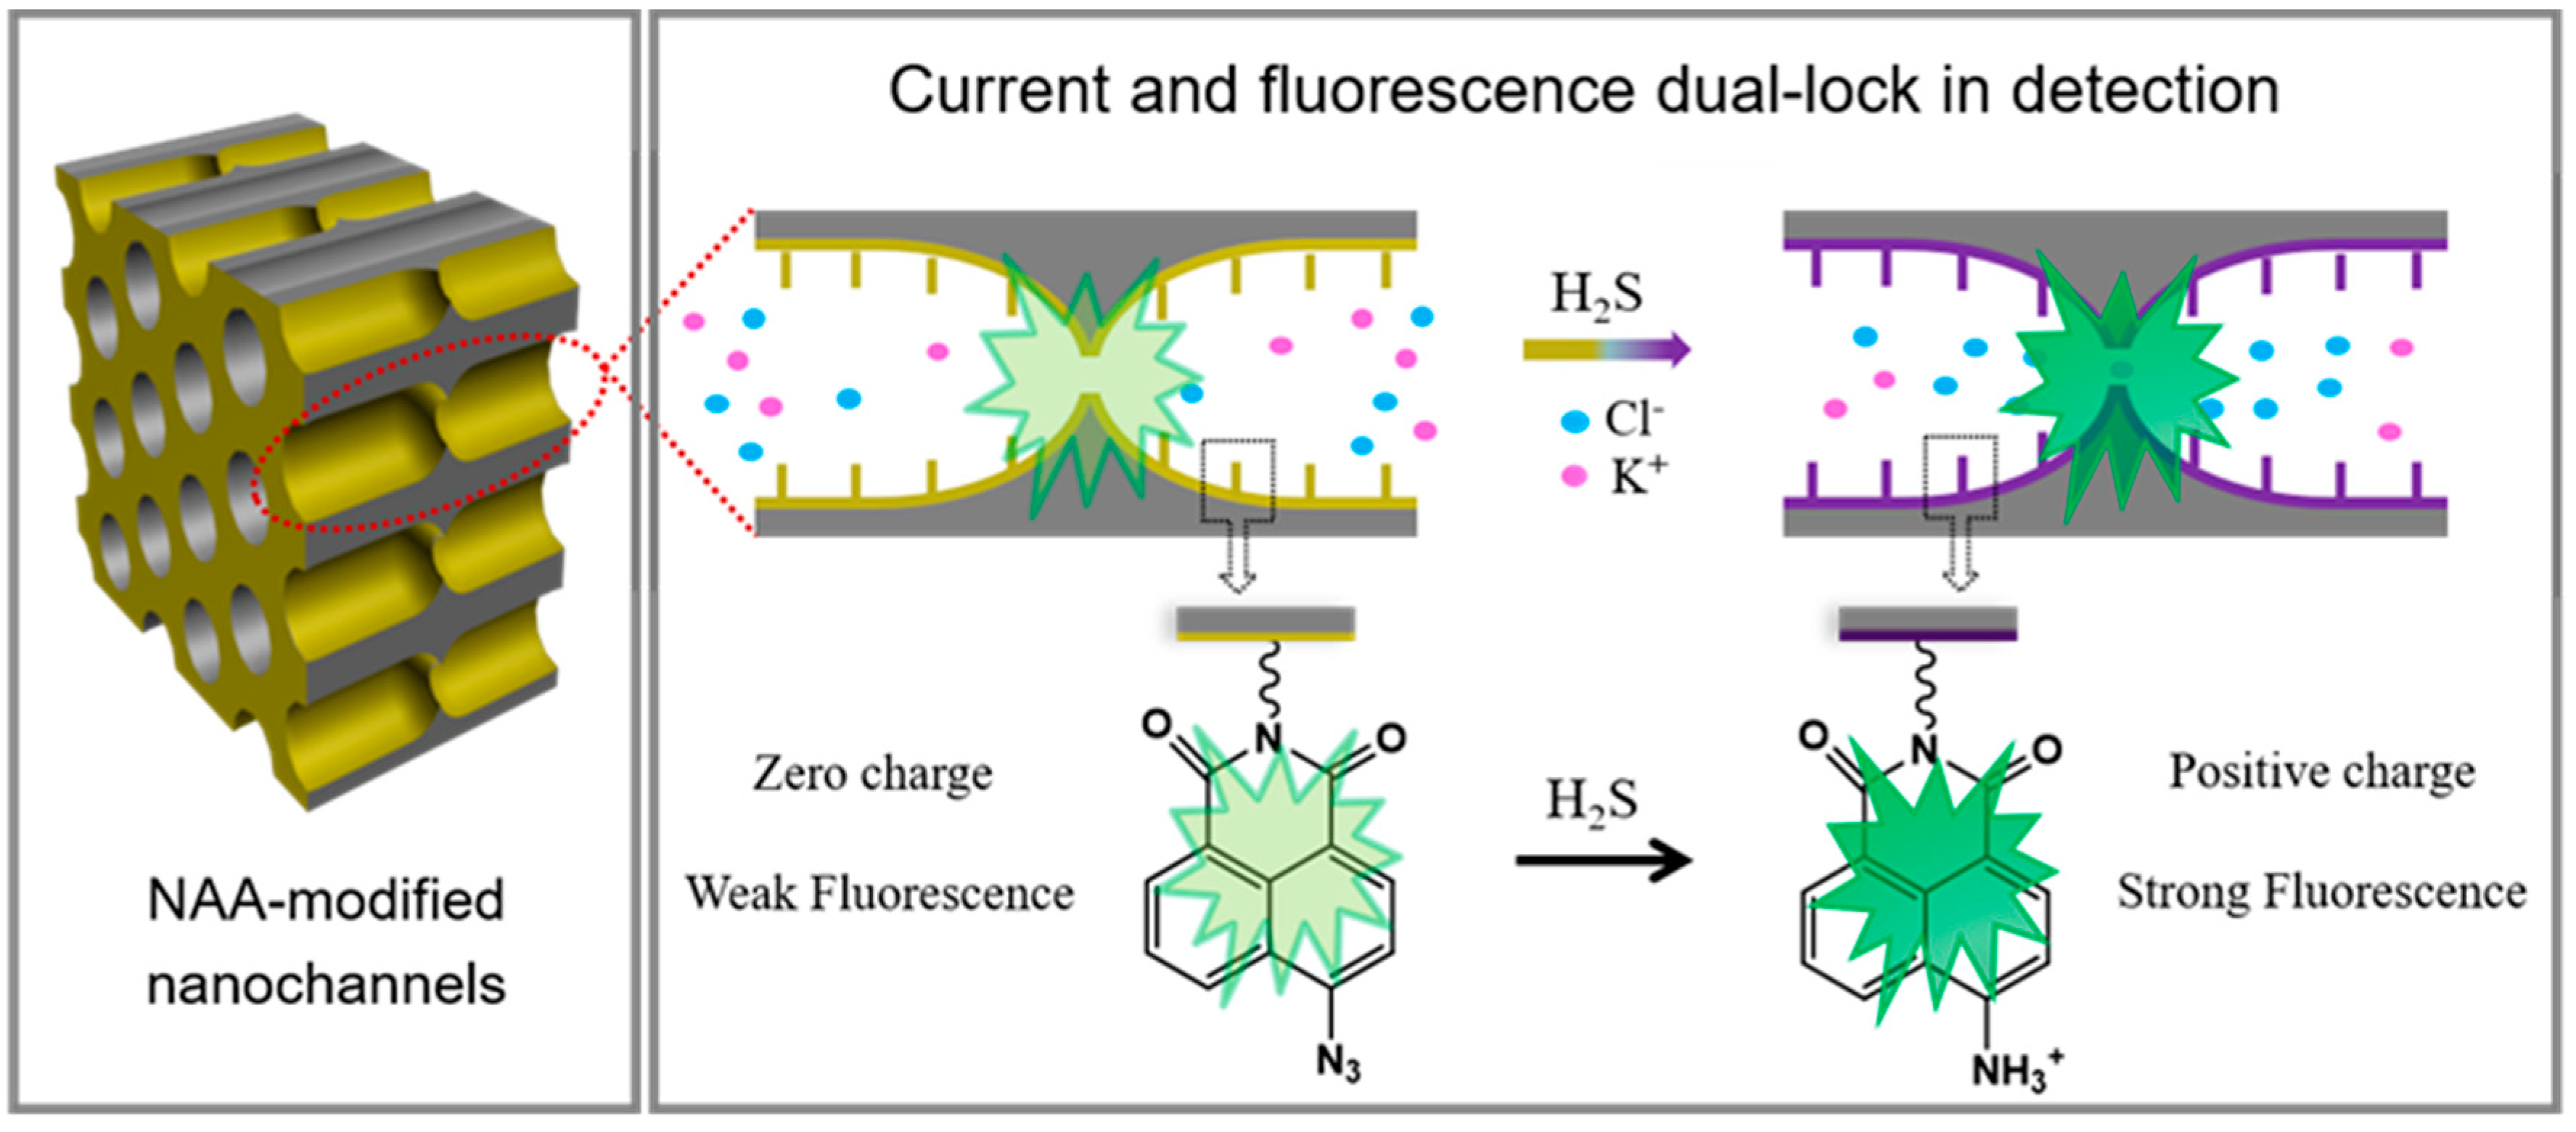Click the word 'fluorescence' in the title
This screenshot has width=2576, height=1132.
[x=1447, y=92]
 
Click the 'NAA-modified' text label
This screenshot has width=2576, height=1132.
[x=325, y=900]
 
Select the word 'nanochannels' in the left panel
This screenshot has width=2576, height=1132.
[x=325, y=985]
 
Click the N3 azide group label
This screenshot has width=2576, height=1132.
[x=1337, y=1063]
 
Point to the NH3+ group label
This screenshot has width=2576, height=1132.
[x=2014, y=1070]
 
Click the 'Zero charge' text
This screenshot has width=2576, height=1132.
[x=872, y=773]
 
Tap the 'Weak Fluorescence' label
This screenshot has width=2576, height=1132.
[x=879, y=893]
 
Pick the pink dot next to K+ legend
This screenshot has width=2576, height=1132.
[x=1574, y=476]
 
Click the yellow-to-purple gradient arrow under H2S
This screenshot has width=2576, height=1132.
[x=1606, y=349]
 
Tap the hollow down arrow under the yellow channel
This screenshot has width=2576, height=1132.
[x=1238, y=568]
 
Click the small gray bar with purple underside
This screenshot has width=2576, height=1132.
[x=1927, y=623]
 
